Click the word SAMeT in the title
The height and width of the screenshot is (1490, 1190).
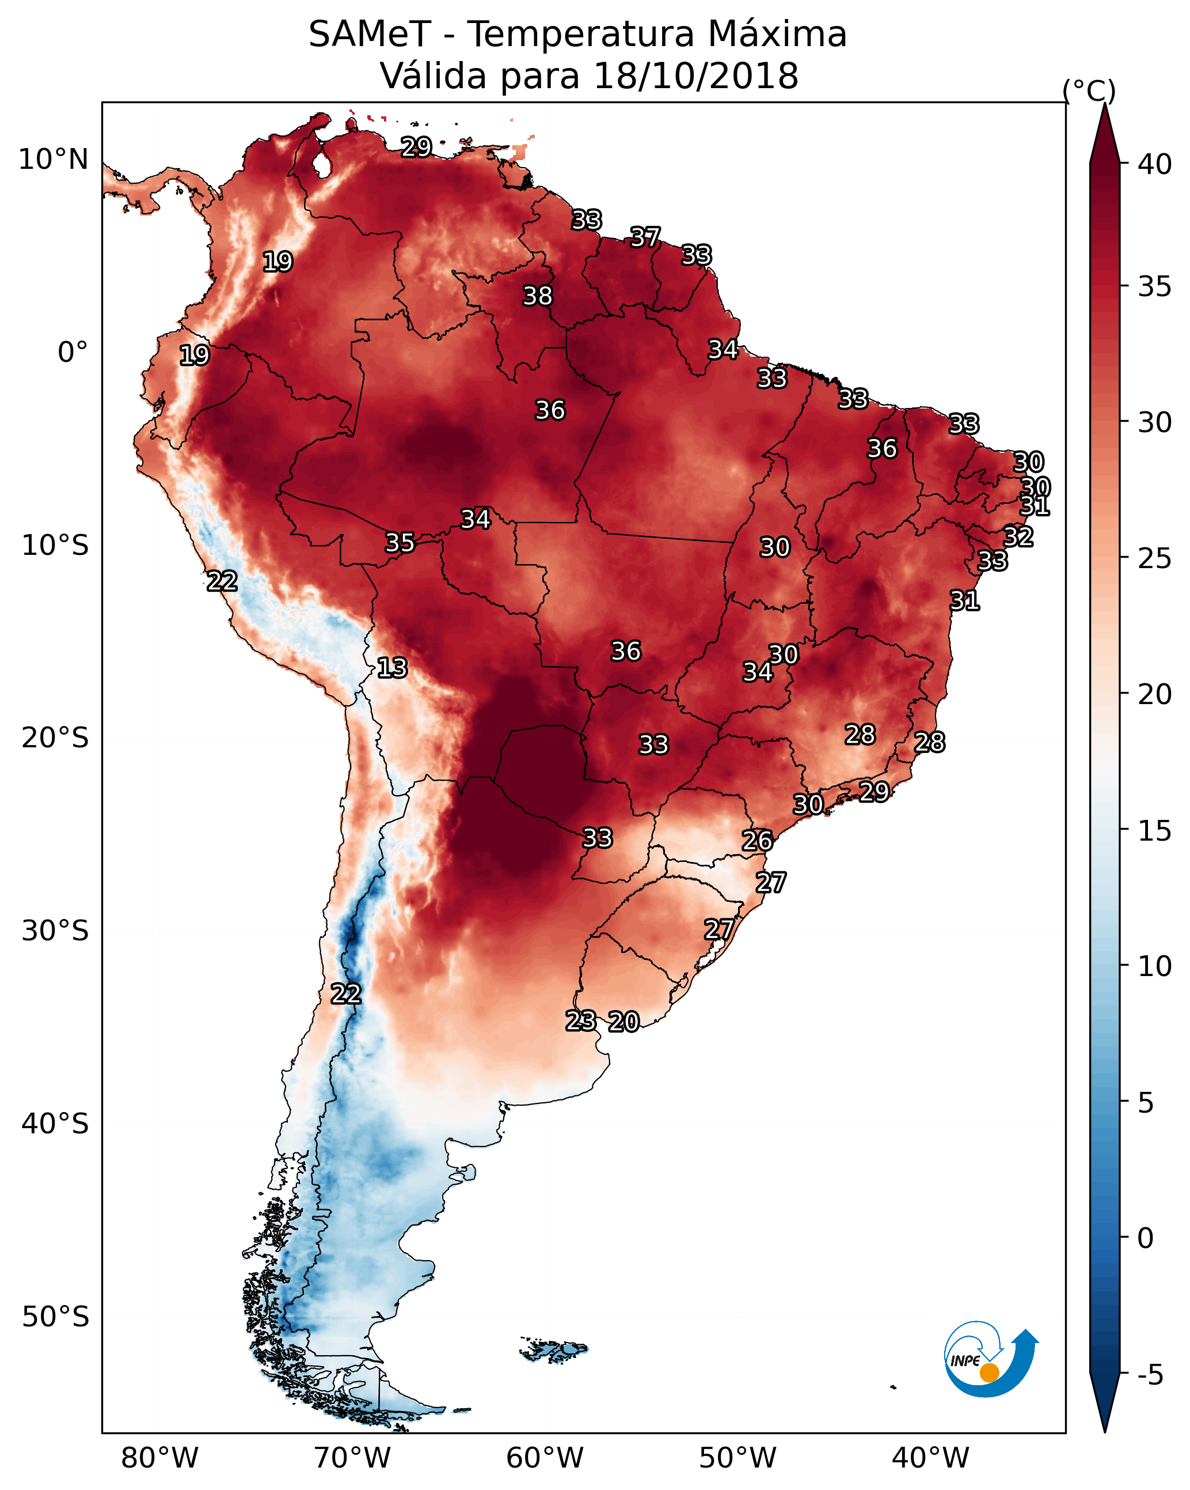pos(370,35)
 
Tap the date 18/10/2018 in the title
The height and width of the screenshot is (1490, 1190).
pos(695,76)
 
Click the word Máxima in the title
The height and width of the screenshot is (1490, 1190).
pos(778,35)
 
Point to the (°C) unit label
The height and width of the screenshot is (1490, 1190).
pos(1089,90)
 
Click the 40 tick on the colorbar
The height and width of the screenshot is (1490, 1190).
pos(1155,164)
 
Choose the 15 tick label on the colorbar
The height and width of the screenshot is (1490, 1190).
pos(1155,831)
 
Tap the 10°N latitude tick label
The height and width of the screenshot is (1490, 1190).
pos(53,160)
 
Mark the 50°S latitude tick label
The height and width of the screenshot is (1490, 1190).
pos(55,1317)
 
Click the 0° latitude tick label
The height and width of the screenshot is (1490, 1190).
pos(73,353)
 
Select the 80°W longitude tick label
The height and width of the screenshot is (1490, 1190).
pos(159,1458)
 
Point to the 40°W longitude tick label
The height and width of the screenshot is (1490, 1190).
pos(930,1458)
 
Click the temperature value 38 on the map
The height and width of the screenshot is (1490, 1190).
pos(537,296)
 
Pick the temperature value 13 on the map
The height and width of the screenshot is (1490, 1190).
pos(392,668)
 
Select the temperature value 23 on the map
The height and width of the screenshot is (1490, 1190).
pos(580,1020)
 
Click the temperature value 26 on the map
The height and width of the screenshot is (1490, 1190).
pos(757,841)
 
